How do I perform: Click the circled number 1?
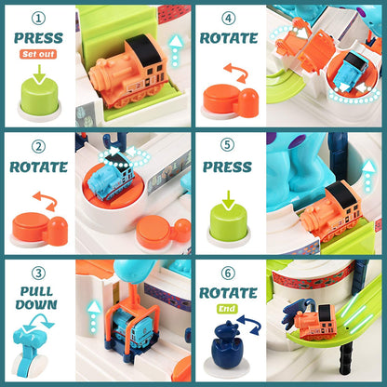click(x=38, y=19)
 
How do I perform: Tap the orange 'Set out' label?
click(x=38, y=54)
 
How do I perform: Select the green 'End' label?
click(x=227, y=309)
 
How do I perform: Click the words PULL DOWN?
click(x=36, y=298)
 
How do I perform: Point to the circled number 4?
click(x=228, y=19)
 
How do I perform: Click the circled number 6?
click(x=228, y=274)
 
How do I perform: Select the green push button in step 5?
click(x=229, y=222)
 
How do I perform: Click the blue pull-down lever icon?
click(x=30, y=351)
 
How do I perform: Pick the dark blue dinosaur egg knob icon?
click(x=225, y=347)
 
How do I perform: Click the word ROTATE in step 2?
click(x=38, y=167)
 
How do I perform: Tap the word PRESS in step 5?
click(x=227, y=167)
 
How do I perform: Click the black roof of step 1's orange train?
click(x=143, y=50)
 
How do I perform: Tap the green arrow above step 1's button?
click(x=39, y=73)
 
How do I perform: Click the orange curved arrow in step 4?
click(x=236, y=73)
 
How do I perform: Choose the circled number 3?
click(x=38, y=274)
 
